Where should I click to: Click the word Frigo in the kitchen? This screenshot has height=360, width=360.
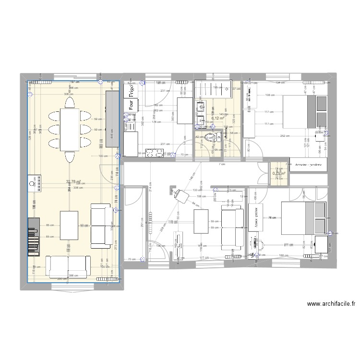click(x=130, y=90)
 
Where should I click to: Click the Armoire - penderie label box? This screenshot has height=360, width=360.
click(x=309, y=164)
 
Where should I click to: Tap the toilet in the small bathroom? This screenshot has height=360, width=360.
click(x=209, y=138)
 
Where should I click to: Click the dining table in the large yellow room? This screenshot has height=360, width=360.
click(x=70, y=130)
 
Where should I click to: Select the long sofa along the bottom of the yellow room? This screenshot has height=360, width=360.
click(x=68, y=267)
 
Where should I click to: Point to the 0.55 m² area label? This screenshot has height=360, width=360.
click(x=279, y=174)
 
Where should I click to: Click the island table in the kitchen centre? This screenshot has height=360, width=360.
click(x=185, y=111)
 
